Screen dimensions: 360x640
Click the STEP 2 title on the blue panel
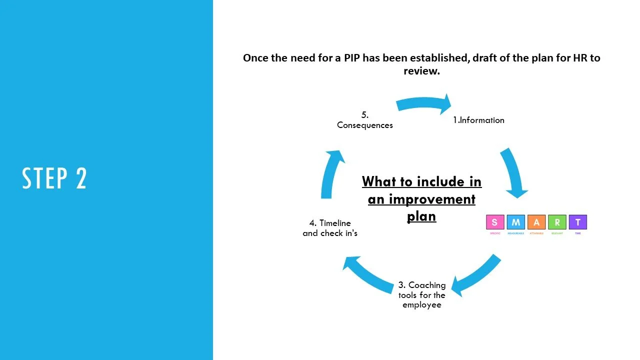[54, 178]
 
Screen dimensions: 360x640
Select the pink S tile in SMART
[495, 222]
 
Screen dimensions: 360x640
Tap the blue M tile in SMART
[515, 222]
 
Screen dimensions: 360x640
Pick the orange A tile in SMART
[536, 222]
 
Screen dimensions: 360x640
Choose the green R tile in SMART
[557, 222]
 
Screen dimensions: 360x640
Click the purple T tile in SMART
[578, 222]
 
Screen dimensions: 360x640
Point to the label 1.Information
[478, 120]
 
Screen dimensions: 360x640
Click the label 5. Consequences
[365, 120]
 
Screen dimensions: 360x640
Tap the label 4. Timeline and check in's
[330, 228]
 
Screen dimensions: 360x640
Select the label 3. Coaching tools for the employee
[422, 295]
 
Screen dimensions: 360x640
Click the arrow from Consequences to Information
[424, 104]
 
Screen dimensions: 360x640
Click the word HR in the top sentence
[577, 58]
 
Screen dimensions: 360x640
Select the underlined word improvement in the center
[421, 199]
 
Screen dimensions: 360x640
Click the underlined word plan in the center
[421, 216]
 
